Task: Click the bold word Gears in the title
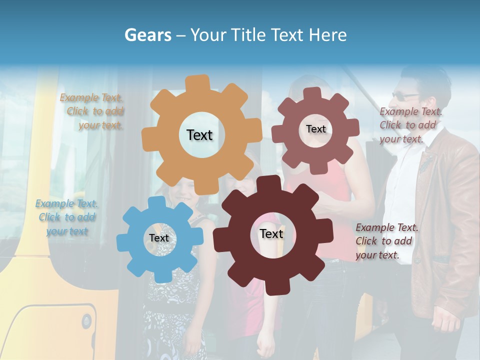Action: pyautogui.click(x=147, y=35)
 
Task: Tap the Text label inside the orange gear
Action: pyautogui.click(x=199, y=135)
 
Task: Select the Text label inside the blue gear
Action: pyautogui.click(x=159, y=238)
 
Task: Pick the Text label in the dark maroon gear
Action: pyautogui.click(x=271, y=233)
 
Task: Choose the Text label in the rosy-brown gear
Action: pyautogui.click(x=315, y=129)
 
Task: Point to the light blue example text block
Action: pyautogui.click(x=66, y=217)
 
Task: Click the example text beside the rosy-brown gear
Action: pyautogui.click(x=410, y=125)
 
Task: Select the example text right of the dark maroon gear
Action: pyautogui.click(x=386, y=241)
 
